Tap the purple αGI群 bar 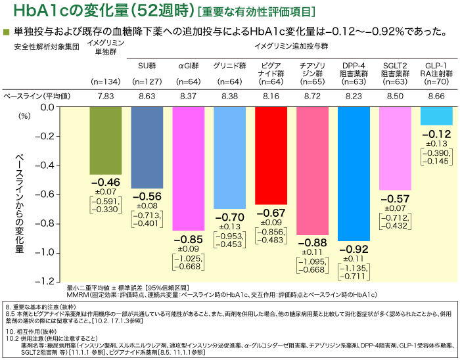click(x=188, y=168)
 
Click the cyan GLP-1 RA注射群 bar click(x=436, y=116)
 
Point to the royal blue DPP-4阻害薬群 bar click(x=354, y=173)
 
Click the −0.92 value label click(x=354, y=250)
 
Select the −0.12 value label click(x=436, y=134)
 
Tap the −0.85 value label click(x=188, y=239)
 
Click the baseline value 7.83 click(x=106, y=96)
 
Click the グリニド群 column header click(x=229, y=66)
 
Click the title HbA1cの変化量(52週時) click(x=92, y=12)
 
